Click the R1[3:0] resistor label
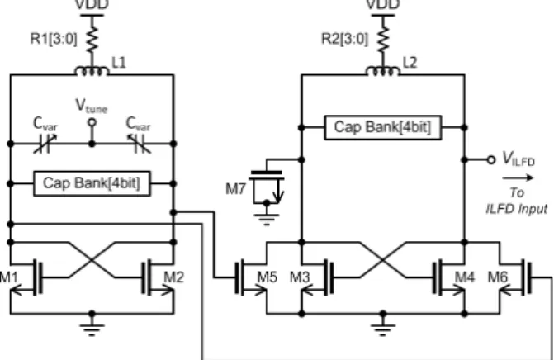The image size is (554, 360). [x=54, y=39]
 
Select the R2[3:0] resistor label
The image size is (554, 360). [x=344, y=39]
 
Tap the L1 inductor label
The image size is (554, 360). [x=119, y=63]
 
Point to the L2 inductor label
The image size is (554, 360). [x=410, y=63]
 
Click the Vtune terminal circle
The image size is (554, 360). [x=92, y=122]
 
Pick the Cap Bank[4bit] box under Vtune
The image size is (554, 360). [x=92, y=183]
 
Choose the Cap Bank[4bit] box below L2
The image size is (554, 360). [x=382, y=127]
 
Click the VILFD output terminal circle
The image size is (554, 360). [x=490, y=160]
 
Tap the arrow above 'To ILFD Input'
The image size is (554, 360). [x=518, y=178]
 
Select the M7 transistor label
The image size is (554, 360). [x=235, y=189]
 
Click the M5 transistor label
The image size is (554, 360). [x=268, y=277]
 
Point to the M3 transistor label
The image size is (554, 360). [x=300, y=277]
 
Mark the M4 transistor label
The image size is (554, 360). [x=464, y=277]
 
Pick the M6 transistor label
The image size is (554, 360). [x=498, y=277]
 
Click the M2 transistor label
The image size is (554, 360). [x=174, y=277]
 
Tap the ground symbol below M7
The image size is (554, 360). [x=267, y=219]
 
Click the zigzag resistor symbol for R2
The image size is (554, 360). [x=383, y=39]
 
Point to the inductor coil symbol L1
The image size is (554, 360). [x=92, y=71]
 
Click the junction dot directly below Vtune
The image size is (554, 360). [x=92, y=144]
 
